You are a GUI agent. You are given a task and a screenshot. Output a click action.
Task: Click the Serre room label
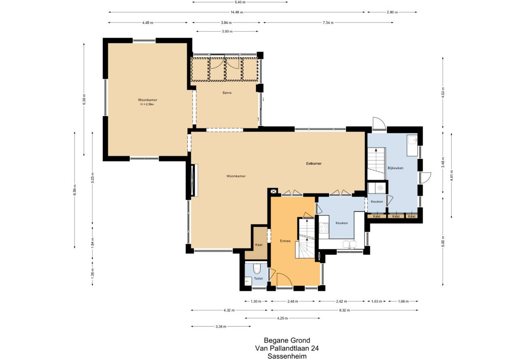(227, 93)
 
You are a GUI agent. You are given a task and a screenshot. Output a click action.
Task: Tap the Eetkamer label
(314, 163)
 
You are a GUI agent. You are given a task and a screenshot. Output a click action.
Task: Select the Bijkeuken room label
(395, 168)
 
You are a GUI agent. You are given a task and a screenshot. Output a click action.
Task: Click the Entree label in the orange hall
(285, 241)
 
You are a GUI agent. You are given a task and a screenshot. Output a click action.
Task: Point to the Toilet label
(258, 279)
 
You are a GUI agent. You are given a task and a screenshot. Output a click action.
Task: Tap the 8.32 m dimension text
(344, 310)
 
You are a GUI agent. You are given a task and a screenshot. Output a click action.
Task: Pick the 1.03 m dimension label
(377, 301)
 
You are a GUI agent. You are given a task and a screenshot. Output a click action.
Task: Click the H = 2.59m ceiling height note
(147, 104)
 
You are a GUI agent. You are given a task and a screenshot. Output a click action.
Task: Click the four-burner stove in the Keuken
(324, 228)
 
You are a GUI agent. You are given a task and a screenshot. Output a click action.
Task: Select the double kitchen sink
(350, 244)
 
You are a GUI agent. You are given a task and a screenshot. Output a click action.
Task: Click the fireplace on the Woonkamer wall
(194, 180)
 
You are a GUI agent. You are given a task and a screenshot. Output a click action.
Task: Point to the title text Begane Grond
(287, 340)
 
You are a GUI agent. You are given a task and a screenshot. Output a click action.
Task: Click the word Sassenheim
(287, 356)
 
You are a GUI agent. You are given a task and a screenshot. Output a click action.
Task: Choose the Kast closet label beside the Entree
(259, 245)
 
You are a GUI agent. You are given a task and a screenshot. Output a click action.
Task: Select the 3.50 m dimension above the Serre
(227, 32)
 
